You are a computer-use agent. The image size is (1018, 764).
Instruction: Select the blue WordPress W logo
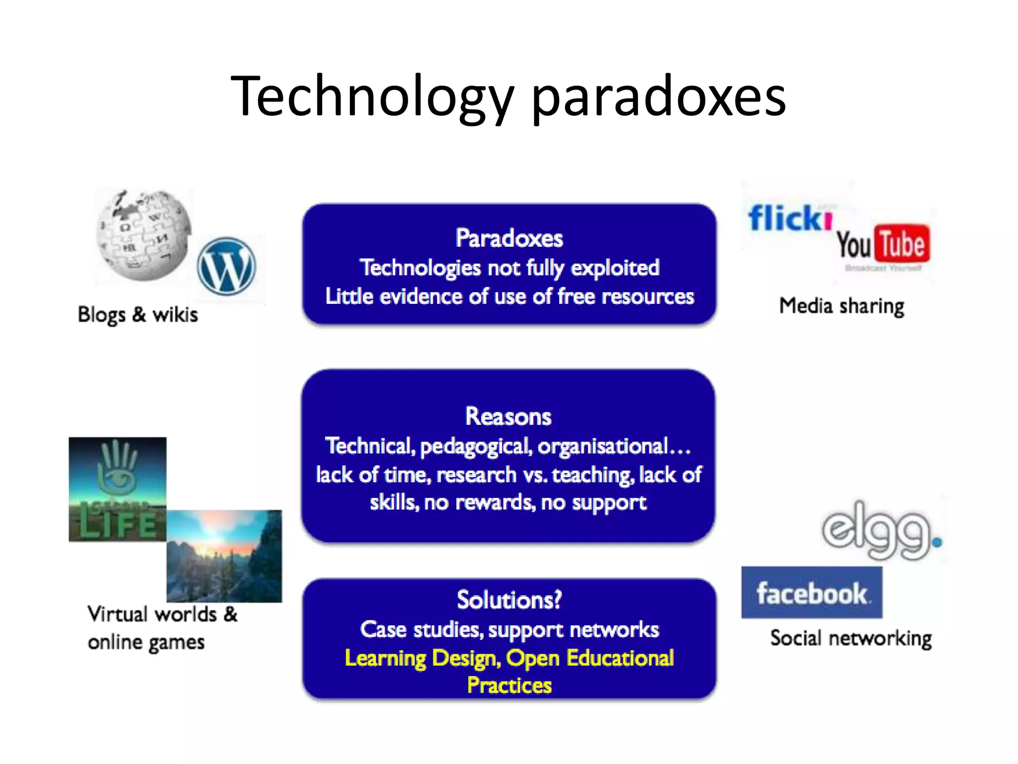pyautogui.click(x=227, y=266)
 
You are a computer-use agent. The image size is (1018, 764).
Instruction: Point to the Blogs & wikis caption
pyautogui.click(x=138, y=315)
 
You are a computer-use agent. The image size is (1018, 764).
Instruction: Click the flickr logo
pyautogui.click(x=790, y=219)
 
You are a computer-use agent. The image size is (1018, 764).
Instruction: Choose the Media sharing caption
pyautogui.click(x=842, y=306)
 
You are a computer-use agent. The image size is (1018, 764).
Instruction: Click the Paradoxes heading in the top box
pyautogui.click(x=509, y=238)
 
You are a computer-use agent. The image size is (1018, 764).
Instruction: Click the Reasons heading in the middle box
pyautogui.click(x=509, y=416)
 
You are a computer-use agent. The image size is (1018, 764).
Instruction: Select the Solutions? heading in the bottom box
pyautogui.click(x=509, y=600)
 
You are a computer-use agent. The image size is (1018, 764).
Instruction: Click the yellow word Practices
pyautogui.click(x=509, y=685)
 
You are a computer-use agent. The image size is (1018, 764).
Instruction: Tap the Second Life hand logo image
pyautogui.click(x=118, y=489)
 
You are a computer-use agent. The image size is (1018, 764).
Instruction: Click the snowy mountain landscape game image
pyautogui.click(x=224, y=556)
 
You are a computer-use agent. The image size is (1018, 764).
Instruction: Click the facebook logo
pyautogui.click(x=812, y=593)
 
